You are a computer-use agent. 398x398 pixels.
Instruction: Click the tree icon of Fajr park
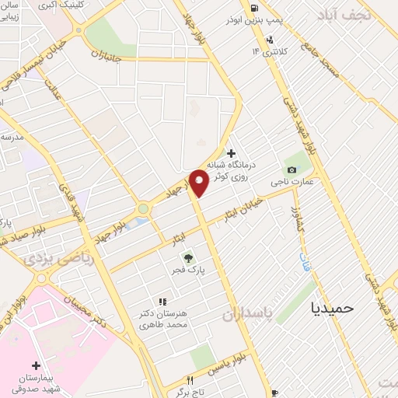(x=187, y=258)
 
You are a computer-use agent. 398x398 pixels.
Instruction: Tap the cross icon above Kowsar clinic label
(x=231, y=153)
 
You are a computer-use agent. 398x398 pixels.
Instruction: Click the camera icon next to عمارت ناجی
(x=292, y=169)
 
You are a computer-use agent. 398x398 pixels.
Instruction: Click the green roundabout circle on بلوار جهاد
(x=143, y=208)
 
